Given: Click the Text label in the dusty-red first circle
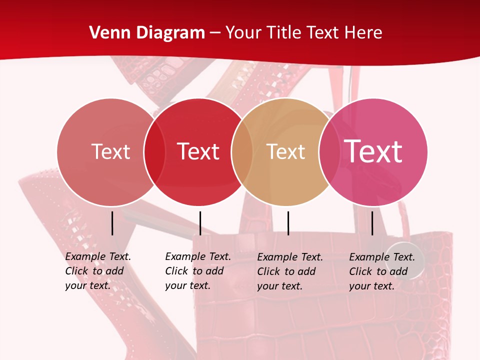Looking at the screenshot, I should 110,151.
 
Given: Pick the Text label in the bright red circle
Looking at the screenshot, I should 198,151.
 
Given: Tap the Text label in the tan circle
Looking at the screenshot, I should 285,151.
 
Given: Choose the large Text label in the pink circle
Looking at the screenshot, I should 373,151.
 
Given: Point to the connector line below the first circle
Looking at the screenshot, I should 112,223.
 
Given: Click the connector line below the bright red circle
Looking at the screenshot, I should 200,223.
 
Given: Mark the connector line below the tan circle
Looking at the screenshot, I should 288,223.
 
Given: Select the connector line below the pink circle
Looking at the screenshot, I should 372,223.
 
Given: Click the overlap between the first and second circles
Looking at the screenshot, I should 154,152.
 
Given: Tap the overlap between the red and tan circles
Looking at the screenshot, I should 242,152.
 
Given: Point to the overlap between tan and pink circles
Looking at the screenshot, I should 329,152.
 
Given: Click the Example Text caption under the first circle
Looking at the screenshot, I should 97,271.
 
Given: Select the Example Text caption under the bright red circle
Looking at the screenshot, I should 197,271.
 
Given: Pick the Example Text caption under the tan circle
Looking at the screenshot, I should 289,271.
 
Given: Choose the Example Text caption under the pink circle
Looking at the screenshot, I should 381,271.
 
